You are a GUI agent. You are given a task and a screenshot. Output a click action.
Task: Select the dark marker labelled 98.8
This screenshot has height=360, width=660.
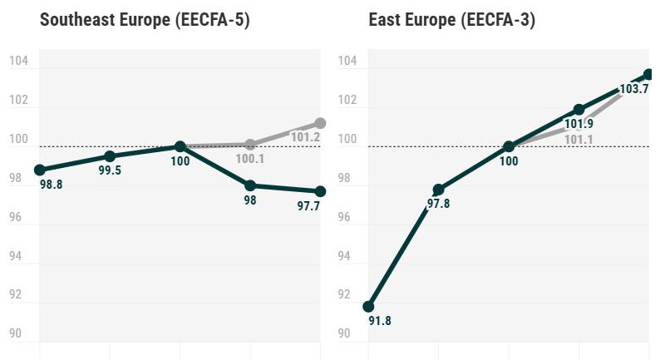pos(40,170)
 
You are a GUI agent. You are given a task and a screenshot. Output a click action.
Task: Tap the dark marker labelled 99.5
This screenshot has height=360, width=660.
pos(110,156)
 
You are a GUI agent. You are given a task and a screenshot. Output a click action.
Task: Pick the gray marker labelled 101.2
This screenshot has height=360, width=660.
pos(320,123)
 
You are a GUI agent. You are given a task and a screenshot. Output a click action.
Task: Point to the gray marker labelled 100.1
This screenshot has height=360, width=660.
pos(250,145)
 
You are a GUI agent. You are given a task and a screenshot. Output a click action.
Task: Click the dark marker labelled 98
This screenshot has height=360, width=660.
pos(250,185)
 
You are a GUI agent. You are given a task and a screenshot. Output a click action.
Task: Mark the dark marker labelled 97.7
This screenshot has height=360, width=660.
pos(320,191)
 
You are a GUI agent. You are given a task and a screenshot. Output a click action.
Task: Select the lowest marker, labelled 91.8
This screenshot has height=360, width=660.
pos(369,306)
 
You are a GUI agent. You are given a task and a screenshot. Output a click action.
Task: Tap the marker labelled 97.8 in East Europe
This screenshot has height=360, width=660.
pos(439,190)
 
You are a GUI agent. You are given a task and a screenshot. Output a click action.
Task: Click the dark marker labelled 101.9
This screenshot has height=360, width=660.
pos(579,110)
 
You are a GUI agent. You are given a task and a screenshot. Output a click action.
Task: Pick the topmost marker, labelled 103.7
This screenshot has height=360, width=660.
pos(648,75)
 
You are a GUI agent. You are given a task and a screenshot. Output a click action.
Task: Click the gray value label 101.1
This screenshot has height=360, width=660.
pos(579,140)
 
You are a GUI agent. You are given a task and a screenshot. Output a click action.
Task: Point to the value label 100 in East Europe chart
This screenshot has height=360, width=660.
pos(509,161)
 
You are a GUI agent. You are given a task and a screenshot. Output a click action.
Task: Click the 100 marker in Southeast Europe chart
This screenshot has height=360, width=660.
pos(180,146)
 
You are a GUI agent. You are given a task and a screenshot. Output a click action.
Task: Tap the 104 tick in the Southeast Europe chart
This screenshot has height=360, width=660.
pos(18,62)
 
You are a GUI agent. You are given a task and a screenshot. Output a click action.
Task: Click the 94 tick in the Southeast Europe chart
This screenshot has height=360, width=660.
pos(18,256)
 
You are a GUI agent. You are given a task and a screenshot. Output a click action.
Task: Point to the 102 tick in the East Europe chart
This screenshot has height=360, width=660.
pos(347,101)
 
